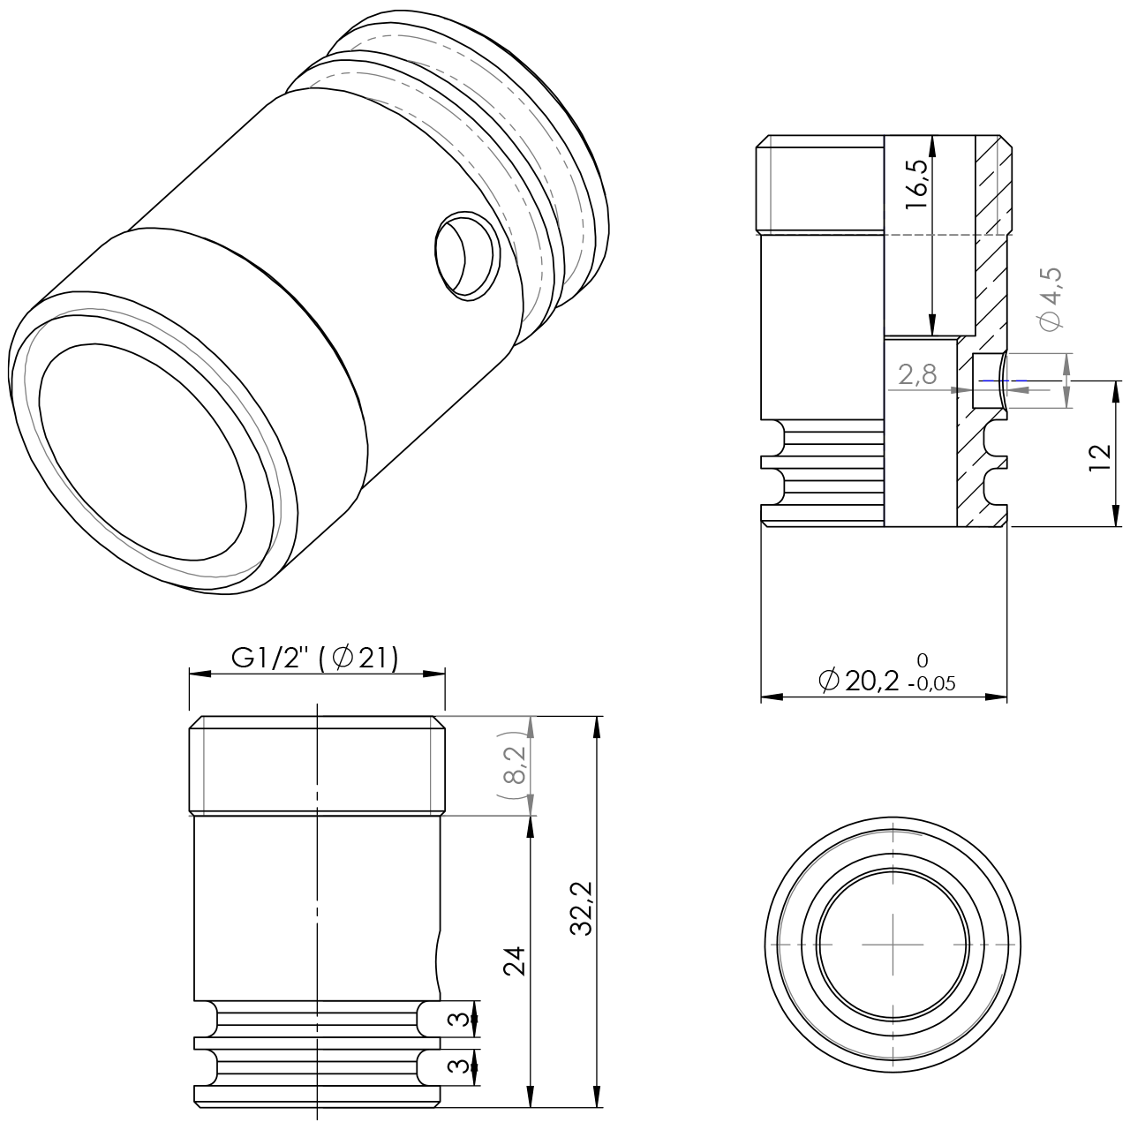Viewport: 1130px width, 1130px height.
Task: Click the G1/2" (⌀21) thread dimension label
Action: pos(315,658)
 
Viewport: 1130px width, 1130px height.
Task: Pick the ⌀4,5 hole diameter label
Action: pos(1051,298)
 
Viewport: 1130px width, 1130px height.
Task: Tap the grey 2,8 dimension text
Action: pos(917,375)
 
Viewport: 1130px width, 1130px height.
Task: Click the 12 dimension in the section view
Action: pos(1099,457)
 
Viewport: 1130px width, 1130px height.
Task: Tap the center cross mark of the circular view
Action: pos(893,943)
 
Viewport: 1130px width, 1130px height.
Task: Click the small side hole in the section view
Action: pos(989,381)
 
